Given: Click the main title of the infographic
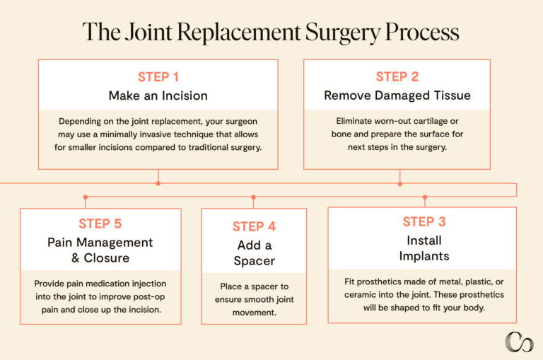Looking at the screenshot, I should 271,32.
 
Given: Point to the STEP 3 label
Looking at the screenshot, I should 424,222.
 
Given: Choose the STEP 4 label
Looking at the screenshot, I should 253,227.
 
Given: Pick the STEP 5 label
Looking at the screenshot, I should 100,224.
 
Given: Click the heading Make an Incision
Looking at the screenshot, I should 158,95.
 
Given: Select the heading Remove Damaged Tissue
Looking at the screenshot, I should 397,95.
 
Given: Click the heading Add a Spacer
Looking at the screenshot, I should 253,253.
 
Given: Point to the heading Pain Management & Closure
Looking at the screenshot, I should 100,250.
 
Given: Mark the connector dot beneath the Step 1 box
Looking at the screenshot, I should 158,184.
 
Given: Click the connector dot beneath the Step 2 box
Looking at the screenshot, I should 400,184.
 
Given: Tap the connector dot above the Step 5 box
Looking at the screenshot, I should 85,197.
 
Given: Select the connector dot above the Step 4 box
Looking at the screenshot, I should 253,197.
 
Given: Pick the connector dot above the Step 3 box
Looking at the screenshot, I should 424,197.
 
